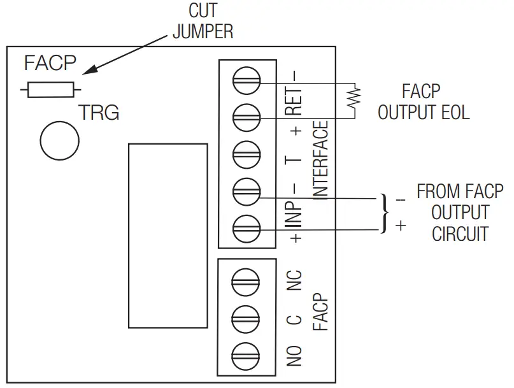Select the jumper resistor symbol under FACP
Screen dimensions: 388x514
[x=50, y=90]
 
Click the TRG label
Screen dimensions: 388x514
[x=99, y=113]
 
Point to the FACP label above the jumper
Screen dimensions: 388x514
[x=50, y=64]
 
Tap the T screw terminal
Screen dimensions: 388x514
[x=247, y=153]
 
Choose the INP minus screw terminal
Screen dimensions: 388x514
[x=247, y=190]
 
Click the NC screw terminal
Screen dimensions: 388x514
[x=247, y=280]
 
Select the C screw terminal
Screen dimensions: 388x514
[x=247, y=317]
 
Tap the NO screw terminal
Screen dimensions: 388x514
[x=247, y=353]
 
